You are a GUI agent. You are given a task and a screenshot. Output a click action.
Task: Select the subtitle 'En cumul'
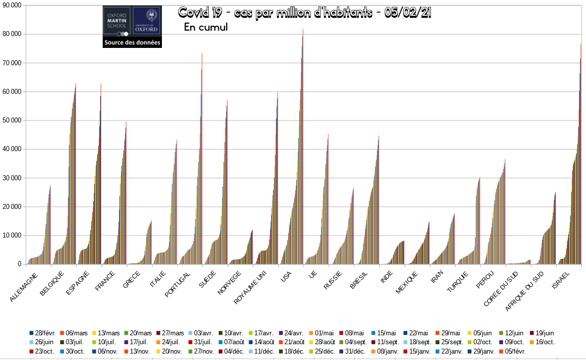point(205,27)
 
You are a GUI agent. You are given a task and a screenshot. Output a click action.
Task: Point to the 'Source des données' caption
point(132,43)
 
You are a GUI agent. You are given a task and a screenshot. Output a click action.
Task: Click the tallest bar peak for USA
point(303,31)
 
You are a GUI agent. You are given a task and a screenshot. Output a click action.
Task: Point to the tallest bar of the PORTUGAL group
point(202,54)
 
